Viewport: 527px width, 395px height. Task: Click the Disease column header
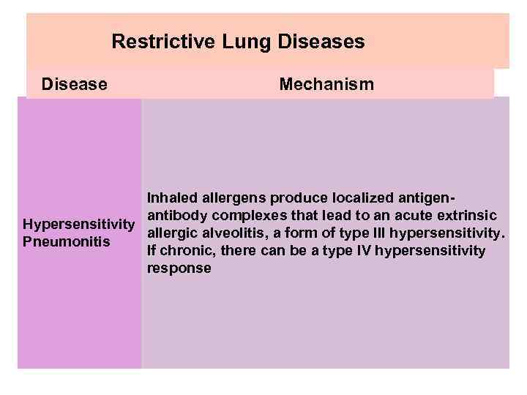coord(75,85)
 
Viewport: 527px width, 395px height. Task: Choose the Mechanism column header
coord(326,85)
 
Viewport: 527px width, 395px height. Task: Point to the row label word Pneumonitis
coord(67,241)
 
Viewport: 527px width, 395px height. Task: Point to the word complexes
coord(246,216)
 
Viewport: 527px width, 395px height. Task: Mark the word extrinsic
coord(471,216)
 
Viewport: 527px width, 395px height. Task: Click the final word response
coord(179,268)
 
